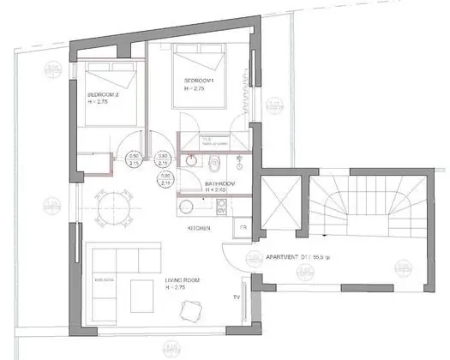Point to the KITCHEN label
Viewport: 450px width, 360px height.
199,229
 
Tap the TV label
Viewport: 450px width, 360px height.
236,297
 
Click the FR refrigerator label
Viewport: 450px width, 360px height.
243,228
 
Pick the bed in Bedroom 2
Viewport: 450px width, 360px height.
108,94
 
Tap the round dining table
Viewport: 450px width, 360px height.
111,205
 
